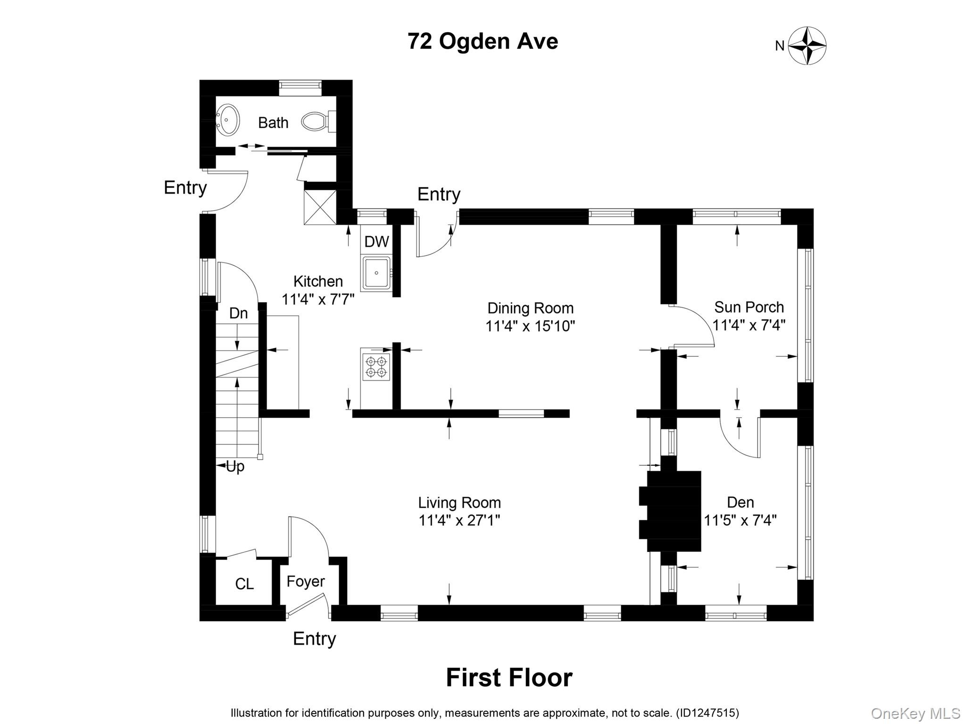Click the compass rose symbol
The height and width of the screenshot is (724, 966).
coord(807,46)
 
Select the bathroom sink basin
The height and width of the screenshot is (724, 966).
coord(228,120)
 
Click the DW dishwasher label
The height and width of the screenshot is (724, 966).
coord(376,242)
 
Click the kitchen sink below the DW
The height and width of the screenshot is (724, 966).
coord(376,273)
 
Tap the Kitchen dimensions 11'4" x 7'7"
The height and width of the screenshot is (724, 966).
coord(318,299)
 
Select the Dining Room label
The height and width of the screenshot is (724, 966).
coord(530,308)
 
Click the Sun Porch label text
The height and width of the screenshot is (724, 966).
coord(749,307)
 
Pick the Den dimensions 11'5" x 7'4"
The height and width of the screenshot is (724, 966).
coord(740,520)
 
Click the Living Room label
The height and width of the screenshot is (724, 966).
coord(459,503)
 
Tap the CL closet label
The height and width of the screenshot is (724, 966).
coord(244,584)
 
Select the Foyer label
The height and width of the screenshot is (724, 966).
coord(306,581)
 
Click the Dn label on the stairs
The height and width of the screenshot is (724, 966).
coord(238,313)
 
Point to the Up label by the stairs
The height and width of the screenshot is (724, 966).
coord(235,467)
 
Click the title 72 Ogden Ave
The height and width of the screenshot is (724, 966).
coord(483,41)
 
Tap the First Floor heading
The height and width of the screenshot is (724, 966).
coord(509,678)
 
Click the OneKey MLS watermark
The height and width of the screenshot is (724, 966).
coord(915,714)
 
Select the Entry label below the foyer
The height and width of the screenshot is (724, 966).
coord(314,639)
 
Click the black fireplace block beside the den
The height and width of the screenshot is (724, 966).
coord(674,511)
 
